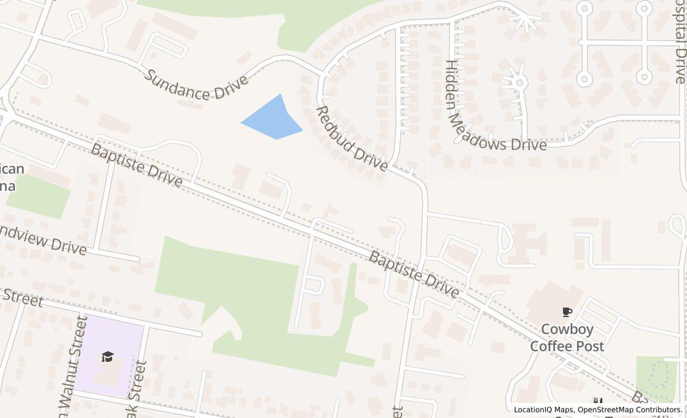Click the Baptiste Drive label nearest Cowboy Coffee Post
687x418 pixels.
point(414,275)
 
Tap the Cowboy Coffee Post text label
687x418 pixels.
point(567,338)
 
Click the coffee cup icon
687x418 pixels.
point(567,312)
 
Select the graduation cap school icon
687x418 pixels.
point(107,356)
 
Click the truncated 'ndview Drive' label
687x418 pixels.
point(43,239)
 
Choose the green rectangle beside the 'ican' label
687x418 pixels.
point(38,196)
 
